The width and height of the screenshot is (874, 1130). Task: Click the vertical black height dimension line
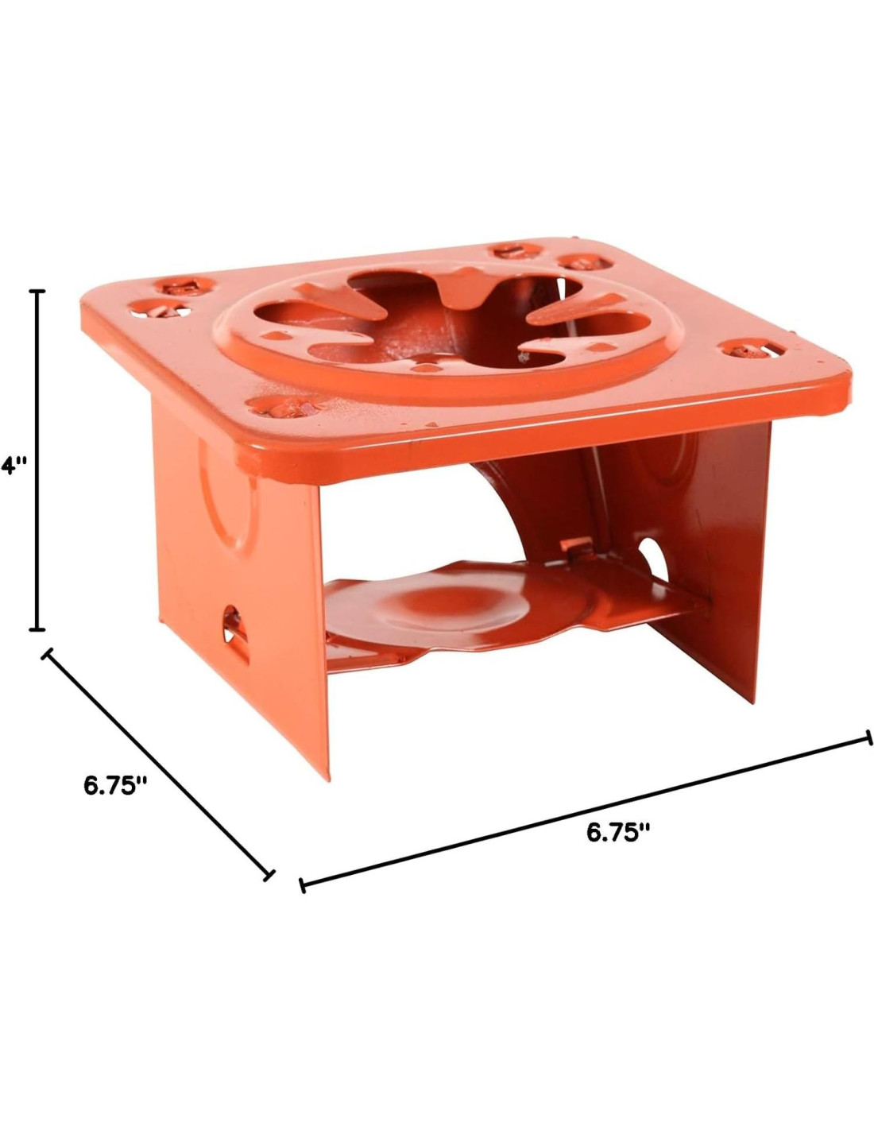click(37, 460)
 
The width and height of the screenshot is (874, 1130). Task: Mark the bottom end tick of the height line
click(37, 629)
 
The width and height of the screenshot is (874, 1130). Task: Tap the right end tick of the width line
click(868, 737)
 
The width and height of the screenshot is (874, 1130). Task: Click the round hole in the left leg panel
click(230, 621)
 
